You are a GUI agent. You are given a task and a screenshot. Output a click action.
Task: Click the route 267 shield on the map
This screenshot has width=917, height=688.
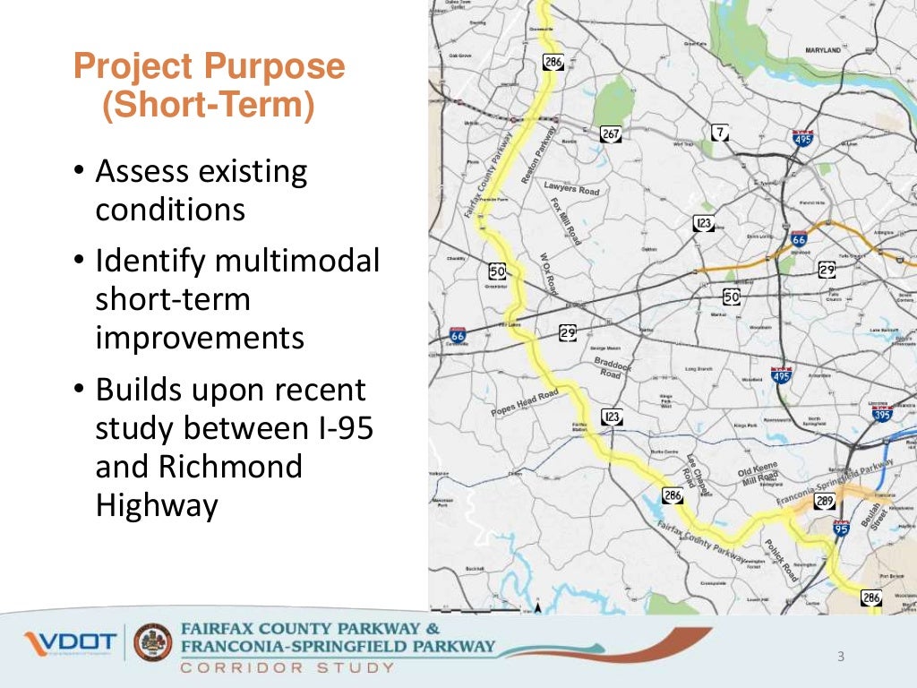(x=610, y=134)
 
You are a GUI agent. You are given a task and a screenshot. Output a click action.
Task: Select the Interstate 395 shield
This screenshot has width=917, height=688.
(x=881, y=413)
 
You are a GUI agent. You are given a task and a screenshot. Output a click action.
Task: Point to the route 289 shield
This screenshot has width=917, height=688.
(x=825, y=502)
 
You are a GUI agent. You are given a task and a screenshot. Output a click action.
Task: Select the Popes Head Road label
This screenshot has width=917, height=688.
(x=525, y=403)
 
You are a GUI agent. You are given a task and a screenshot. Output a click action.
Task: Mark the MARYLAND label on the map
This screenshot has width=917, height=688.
(x=822, y=51)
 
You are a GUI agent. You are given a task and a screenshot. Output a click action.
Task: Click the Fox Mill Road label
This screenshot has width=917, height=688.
(x=565, y=221)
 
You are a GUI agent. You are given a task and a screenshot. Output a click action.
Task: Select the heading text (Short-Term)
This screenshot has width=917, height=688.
(x=208, y=106)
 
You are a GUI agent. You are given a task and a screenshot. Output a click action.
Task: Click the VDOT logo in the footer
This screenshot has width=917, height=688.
(x=70, y=642)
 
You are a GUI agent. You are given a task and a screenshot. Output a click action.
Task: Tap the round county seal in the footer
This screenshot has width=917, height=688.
(x=153, y=643)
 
